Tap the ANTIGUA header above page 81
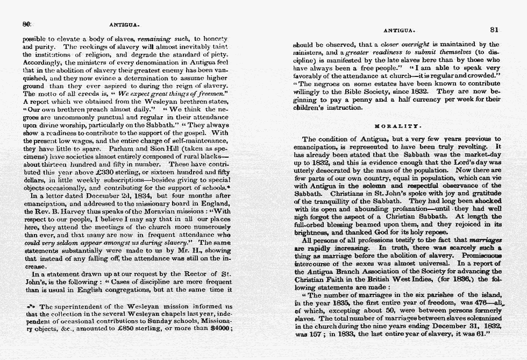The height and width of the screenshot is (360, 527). [x=398, y=31]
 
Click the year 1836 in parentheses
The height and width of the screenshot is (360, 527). [x=459, y=280]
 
